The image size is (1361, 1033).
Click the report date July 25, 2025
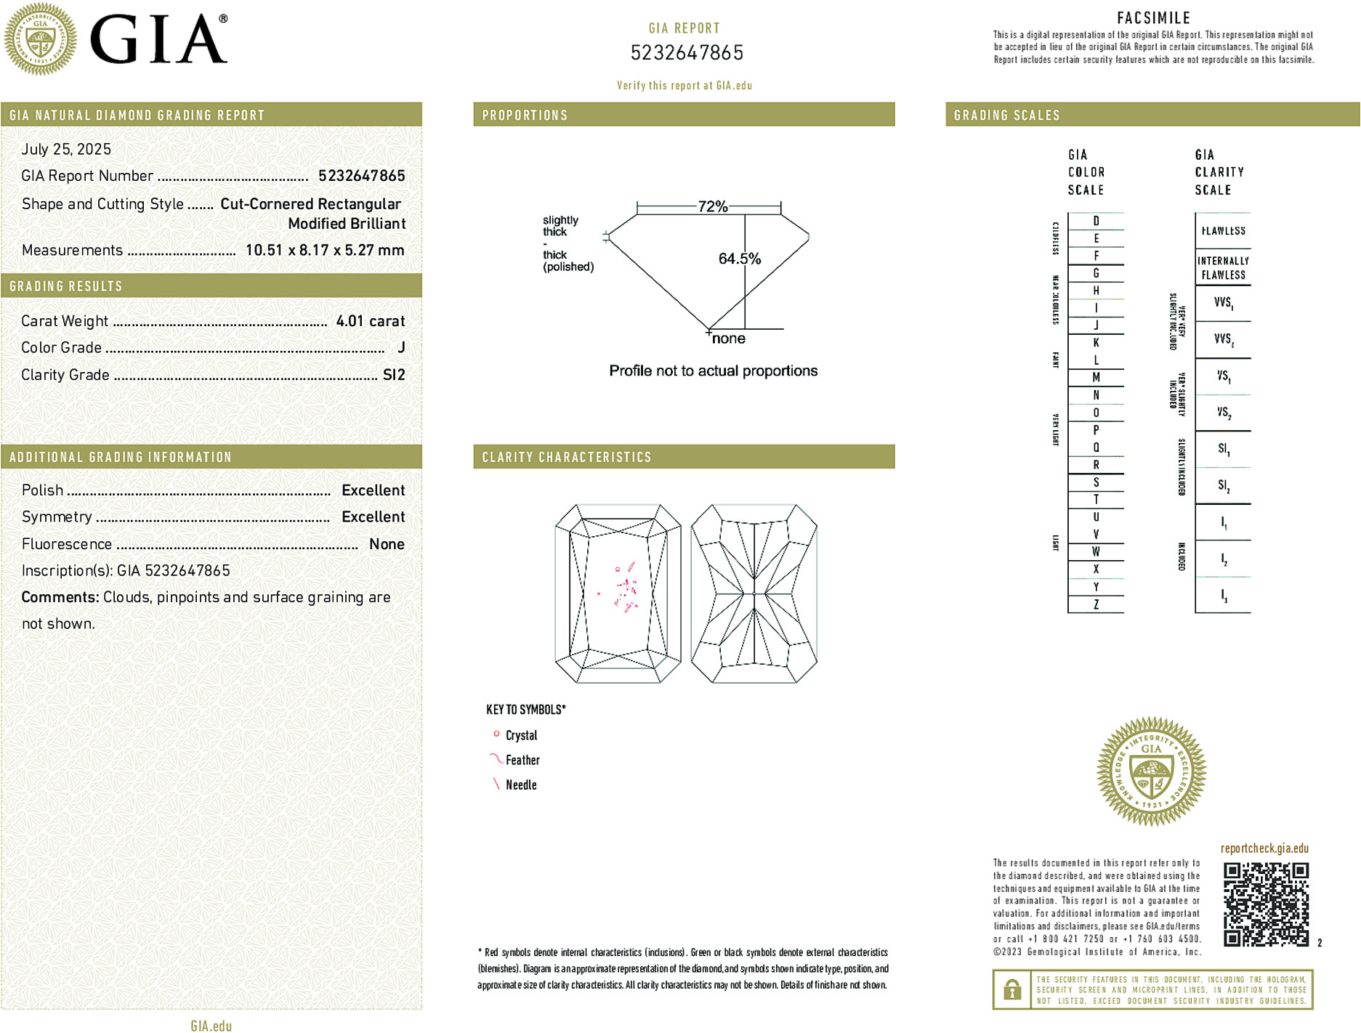(66, 150)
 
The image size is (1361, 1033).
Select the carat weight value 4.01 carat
(370, 321)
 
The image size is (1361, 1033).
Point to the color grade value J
(401, 348)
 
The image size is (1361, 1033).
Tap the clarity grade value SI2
(394, 375)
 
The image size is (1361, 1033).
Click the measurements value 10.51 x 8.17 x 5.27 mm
(324, 251)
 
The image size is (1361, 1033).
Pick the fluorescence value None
(387, 544)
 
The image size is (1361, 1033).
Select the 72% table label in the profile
(712, 206)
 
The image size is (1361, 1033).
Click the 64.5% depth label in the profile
(739, 259)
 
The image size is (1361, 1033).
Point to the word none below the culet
(728, 339)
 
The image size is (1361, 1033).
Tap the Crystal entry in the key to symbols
(521, 735)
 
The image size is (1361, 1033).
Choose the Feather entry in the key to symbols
(522, 760)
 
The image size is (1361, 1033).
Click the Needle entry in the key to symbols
(521, 785)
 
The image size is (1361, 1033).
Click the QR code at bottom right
(1266, 904)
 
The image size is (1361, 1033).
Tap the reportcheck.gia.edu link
(1264, 848)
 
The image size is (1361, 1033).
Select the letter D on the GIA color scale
(1096, 221)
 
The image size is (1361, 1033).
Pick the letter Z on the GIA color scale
(1096, 604)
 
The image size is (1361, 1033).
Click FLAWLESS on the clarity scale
(1223, 231)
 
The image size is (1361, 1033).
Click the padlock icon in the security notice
(1011, 989)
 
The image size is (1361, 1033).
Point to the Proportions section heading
(525, 116)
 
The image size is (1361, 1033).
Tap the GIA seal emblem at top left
(41, 39)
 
